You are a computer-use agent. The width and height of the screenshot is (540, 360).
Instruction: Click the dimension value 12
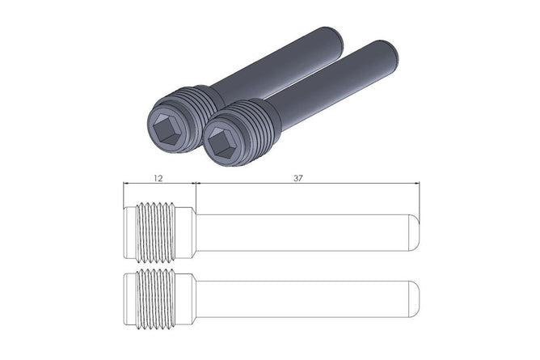[158, 178]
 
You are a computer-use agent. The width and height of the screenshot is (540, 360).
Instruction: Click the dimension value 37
[298, 178]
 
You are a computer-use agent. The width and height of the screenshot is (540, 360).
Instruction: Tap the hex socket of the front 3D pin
[220, 142]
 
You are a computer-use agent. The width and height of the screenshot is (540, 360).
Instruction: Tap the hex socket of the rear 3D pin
[165, 129]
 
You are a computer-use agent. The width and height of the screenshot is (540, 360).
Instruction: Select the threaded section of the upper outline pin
[155, 232]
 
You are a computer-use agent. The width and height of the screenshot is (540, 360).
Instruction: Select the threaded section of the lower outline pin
[155, 299]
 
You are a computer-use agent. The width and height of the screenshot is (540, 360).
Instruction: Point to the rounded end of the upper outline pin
[415, 232]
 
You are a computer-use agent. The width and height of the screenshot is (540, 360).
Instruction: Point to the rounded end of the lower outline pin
[415, 299]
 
